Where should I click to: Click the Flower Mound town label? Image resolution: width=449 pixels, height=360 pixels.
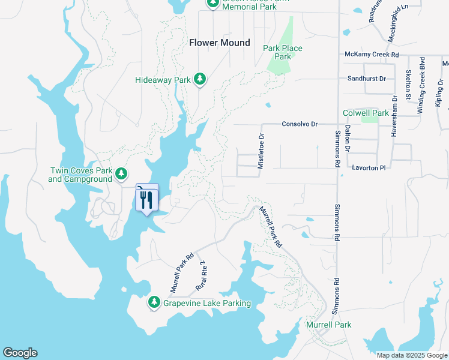click(219, 43)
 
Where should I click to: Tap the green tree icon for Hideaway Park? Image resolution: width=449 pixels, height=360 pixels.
click(200, 79)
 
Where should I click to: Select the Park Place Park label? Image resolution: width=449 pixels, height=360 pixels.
click(282, 52)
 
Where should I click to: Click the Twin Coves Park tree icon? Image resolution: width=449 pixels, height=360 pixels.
click(122, 174)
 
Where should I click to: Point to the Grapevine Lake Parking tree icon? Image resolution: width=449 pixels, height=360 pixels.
click(154, 302)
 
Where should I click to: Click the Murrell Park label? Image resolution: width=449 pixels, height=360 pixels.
click(328, 325)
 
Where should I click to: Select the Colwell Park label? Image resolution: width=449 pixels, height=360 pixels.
click(366, 113)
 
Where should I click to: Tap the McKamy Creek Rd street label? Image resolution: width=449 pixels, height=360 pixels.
click(372, 55)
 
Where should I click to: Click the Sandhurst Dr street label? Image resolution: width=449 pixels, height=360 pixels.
click(366, 79)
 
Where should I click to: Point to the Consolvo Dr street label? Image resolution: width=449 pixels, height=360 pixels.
click(299, 124)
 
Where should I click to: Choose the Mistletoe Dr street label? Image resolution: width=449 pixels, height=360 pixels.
click(261, 151)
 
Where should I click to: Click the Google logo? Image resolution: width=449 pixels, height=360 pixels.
click(20, 353)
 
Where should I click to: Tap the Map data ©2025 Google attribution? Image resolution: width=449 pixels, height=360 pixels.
click(411, 355)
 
